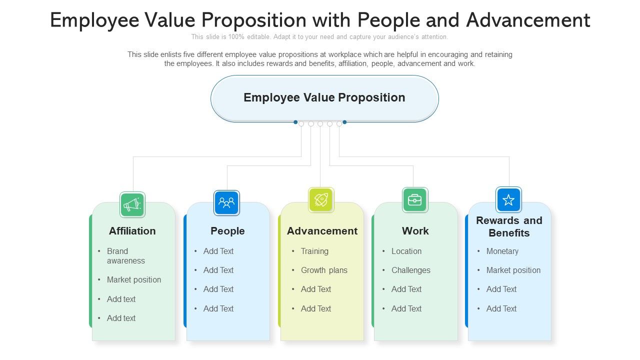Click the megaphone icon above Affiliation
click(132, 204)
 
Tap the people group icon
click(226, 203)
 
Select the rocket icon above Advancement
click(321, 200)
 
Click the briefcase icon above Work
click(415, 200)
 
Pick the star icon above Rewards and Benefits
click(508, 200)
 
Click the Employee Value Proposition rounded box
click(324, 98)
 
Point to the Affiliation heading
click(132, 231)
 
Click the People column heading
click(227, 231)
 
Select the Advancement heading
click(322, 231)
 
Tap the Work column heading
click(415, 231)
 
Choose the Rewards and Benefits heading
click(509, 226)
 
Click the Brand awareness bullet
click(125, 256)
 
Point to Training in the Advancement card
click(314, 251)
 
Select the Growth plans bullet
click(324, 270)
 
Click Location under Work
click(406, 251)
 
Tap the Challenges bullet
click(411, 270)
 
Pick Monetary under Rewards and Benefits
click(502, 251)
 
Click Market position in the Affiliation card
click(134, 279)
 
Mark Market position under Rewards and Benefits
click(513, 270)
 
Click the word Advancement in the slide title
click(528, 20)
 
